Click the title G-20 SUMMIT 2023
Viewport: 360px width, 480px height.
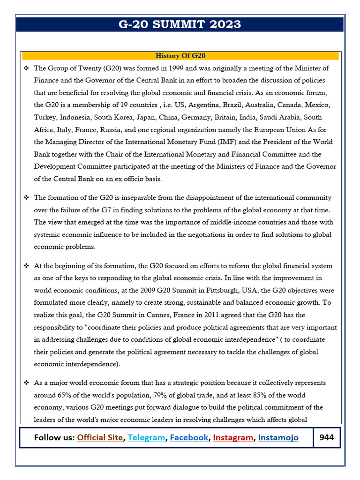[180, 24]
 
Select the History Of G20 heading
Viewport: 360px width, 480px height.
[180, 56]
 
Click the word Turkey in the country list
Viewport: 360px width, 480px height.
[45, 117]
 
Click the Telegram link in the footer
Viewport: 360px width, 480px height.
[146, 438]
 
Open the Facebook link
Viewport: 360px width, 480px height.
[189, 438]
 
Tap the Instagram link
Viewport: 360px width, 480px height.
[233, 438]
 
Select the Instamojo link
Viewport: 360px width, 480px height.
[278, 438]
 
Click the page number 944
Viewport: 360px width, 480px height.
[327, 438]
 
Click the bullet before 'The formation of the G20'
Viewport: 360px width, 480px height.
[26, 198]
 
